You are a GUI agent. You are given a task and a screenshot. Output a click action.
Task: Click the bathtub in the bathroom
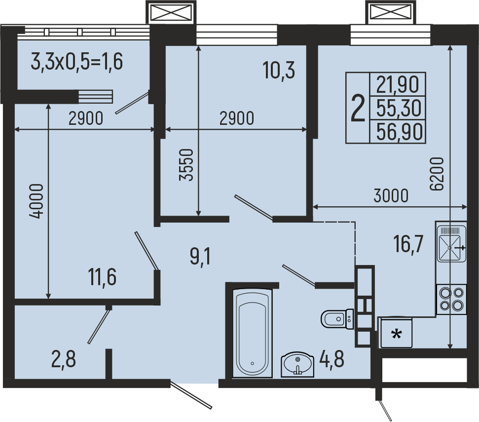click(x=252, y=333)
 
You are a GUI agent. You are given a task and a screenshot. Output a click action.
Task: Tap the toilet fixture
click(x=337, y=319)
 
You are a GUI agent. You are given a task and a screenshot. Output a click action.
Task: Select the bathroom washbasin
click(x=297, y=364)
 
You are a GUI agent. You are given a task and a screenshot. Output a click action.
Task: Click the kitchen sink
click(x=451, y=243)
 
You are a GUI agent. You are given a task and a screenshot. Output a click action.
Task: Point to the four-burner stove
click(x=451, y=299)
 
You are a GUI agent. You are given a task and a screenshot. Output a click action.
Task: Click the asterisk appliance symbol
click(x=397, y=334)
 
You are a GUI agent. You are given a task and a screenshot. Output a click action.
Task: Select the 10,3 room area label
click(x=279, y=70)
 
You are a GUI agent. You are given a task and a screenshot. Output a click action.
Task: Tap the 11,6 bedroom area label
click(x=102, y=277)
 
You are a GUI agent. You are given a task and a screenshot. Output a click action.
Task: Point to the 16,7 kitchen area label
click(x=408, y=244)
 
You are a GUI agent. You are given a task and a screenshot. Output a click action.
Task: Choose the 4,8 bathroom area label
click(x=332, y=359)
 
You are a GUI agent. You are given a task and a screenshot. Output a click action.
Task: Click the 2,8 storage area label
click(x=64, y=359)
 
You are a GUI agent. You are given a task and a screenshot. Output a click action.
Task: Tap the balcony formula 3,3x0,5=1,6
click(x=77, y=61)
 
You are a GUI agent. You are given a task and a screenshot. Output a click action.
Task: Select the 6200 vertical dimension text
click(x=437, y=174)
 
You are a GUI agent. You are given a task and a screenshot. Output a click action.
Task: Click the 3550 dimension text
click(x=186, y=165)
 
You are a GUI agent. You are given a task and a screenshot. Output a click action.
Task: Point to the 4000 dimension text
click(x=37, y=201)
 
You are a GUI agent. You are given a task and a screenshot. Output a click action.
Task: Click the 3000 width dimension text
click(x=391, y=196)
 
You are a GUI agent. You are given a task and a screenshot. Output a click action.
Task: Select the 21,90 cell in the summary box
click(x=398, y=84)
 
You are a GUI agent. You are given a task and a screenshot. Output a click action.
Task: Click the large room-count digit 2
click(x=358, y=108)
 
